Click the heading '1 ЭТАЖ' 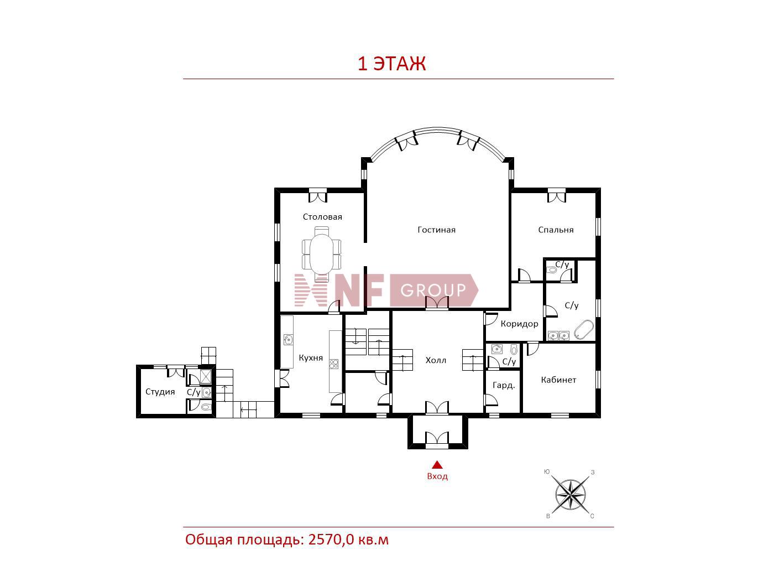click(x=392, y=64)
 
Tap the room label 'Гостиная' click(x=437, y=230)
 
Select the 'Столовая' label click(x=322, y=216)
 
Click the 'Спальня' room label click(x=556, y=230)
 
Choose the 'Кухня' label click(x=311, y=357)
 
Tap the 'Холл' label click(x=436, y=360)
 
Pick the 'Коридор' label click(x=519, y=324)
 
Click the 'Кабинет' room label click(x=558, y=380)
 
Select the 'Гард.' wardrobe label click(x=504, y=386)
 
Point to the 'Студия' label click(x=160, y=392)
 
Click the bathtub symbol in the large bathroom click(x=584, y=330)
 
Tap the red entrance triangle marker click(x=437, y=464)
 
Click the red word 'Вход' click(x=437, y=476)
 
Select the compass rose click(x=570, y=494)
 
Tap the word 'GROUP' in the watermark click(x=433, y=290)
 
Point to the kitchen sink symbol click(x=288, y=340)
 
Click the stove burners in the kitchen click(x=333, y=364)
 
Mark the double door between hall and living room click(x=437, y=303)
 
